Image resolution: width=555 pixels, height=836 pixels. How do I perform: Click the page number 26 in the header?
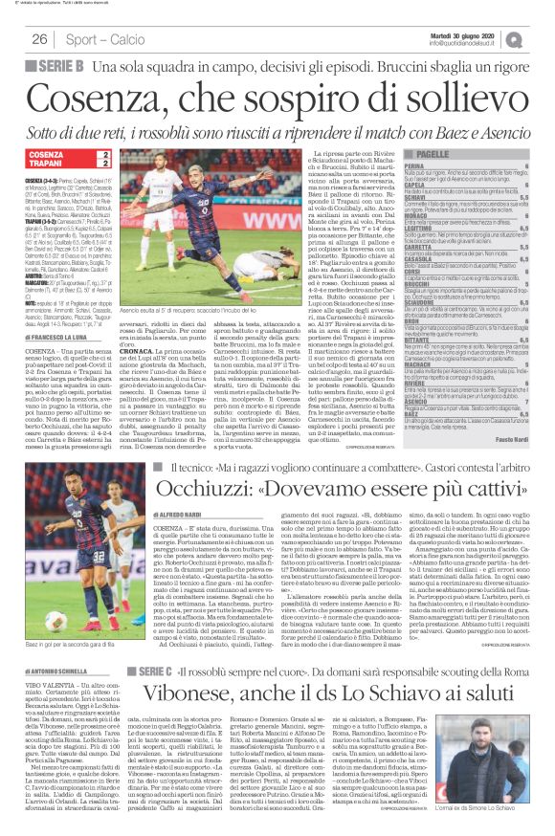39,39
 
